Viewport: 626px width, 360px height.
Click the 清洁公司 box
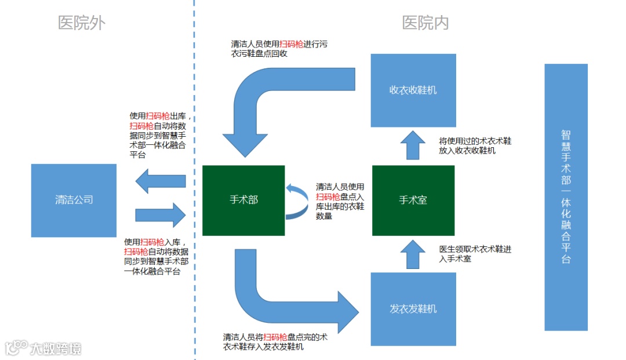pyautogui.click(x=74, y=200)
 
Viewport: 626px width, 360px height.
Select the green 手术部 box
pyautogui.click(x=243, y=200)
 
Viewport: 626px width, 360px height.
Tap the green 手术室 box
pyautogui.click(x=413, y=200)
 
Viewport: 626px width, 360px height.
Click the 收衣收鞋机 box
pyautogui.click(x=413, y=90)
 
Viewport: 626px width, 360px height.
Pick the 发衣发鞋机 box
pyautogui.click(x=413, y=309)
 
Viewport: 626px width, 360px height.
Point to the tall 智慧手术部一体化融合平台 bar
pyautogui.click(x=566, y=197)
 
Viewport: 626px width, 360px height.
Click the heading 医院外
pyautogui.click(x=82, y=23)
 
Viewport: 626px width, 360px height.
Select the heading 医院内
pyautogui.click(x=425, y=23)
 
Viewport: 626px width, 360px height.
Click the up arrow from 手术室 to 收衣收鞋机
pyautogui.click(x=413, y=145)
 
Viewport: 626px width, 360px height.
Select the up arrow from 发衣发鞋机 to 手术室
pyautogui.click(x=413, y=254)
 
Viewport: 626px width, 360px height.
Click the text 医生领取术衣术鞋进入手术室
pyautogui.click(x=475, y=254)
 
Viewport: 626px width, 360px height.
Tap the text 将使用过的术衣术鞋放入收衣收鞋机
pyautogui.click(x=475, y=146)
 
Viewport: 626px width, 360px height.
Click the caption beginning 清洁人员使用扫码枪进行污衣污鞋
pyautogui.click(x=280, y=49)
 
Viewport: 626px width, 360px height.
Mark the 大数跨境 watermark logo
pyautogui.click(x=43, y=348)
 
